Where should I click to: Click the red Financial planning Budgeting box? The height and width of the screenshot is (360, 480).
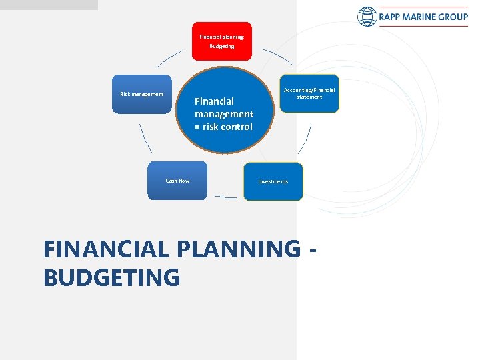click(222, 41)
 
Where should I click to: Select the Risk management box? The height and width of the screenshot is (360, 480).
click(142, 94)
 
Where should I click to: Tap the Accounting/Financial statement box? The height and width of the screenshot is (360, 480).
click(309, 93)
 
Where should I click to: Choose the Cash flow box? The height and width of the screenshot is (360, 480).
click(177, 181)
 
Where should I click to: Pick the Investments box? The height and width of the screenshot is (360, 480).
click(273, 181)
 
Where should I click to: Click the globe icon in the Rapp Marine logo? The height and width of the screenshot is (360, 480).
click(367, 17)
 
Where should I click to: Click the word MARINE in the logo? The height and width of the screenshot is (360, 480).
click(423, 17)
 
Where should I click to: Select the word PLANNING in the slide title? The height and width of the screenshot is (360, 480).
click(236, 249)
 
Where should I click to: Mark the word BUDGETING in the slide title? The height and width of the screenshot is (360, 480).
click(111, 277)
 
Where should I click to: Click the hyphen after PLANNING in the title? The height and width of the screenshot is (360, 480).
click(313, 250)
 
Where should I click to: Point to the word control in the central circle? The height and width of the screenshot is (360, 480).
click(237, 127)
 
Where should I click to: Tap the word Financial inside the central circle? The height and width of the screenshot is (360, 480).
click(214, 101)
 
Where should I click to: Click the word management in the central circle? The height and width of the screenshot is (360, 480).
click(224, 114)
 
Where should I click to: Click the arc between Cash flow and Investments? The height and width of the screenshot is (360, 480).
click(225, 197)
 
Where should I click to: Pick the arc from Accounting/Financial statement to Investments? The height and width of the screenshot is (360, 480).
click(305, 140)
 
